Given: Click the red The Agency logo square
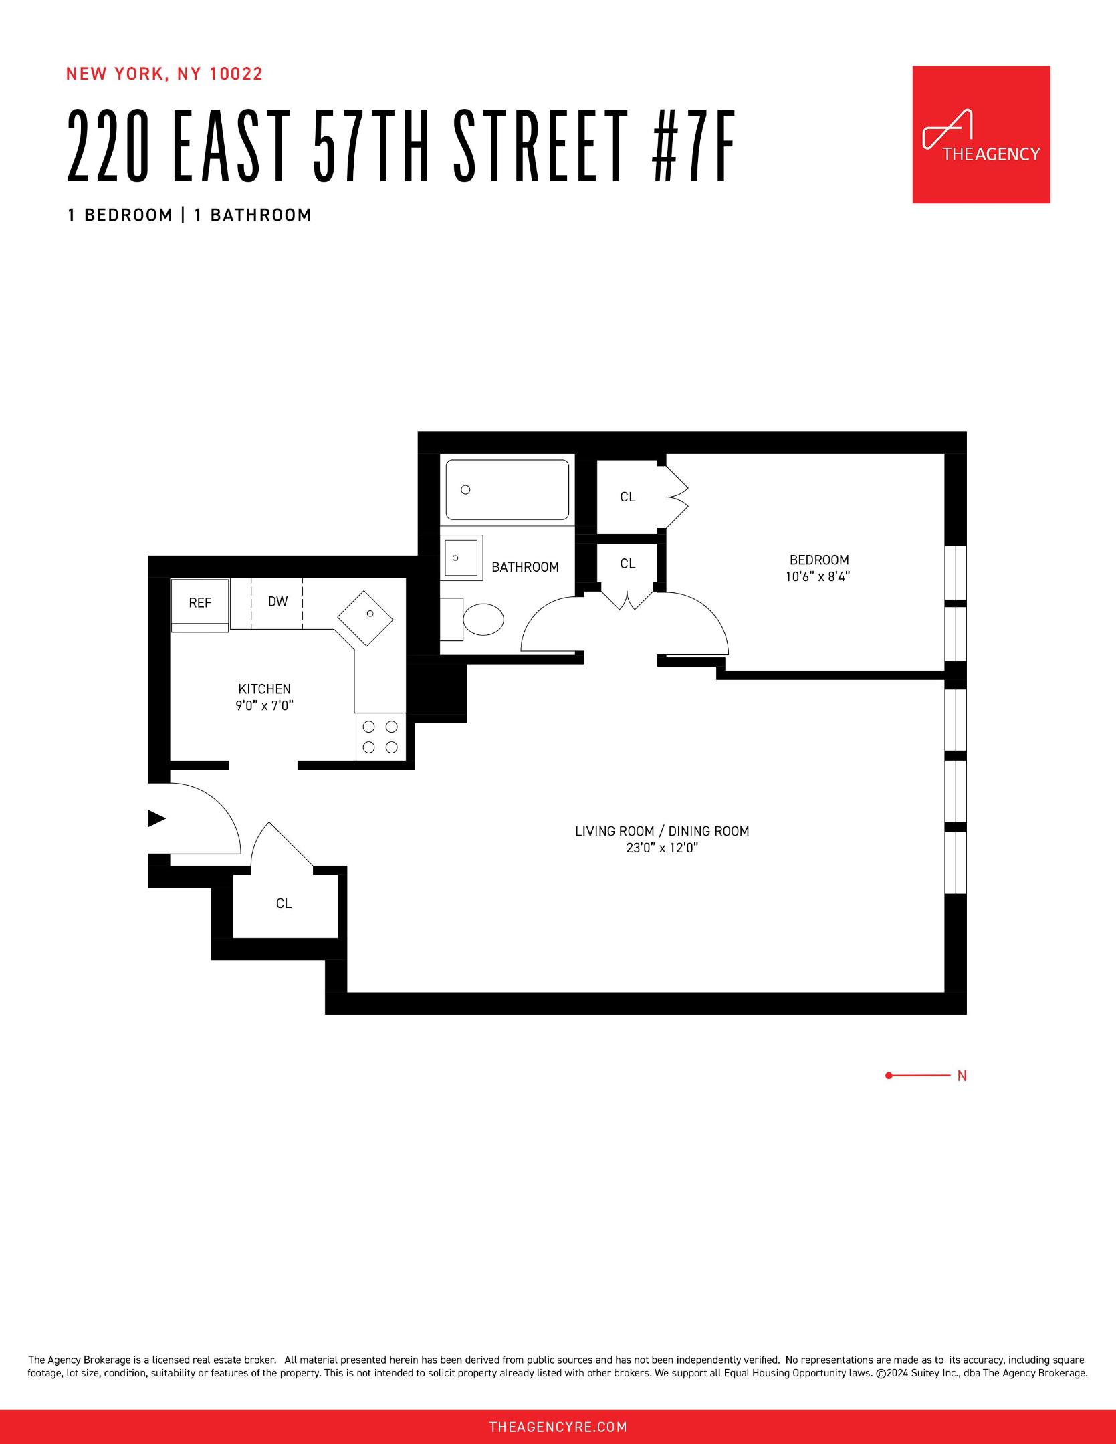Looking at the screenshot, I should (980, 134).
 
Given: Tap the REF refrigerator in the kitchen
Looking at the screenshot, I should (200, 604).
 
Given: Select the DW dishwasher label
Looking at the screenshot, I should (277, 602).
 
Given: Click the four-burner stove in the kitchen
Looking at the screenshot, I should (380, 737).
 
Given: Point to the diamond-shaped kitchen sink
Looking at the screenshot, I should (365, 618).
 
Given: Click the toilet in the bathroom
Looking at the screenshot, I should (483, 620).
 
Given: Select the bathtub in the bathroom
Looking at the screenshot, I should (507, 489).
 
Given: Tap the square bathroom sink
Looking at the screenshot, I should (461, 558).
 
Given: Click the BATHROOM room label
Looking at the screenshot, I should (525, 567).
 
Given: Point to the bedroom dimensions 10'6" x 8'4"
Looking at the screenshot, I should (818, 576).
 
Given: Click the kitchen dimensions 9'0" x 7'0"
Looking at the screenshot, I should (264, 705).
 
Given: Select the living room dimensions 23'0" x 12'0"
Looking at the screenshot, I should (661, 848).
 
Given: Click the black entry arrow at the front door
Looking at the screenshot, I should (156, 818).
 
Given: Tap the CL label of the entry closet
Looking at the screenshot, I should (284, 903).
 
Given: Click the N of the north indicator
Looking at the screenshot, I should (962, 1076).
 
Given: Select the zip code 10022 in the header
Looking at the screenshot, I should (237, 74).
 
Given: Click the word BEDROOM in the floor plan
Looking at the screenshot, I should (818, 560).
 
